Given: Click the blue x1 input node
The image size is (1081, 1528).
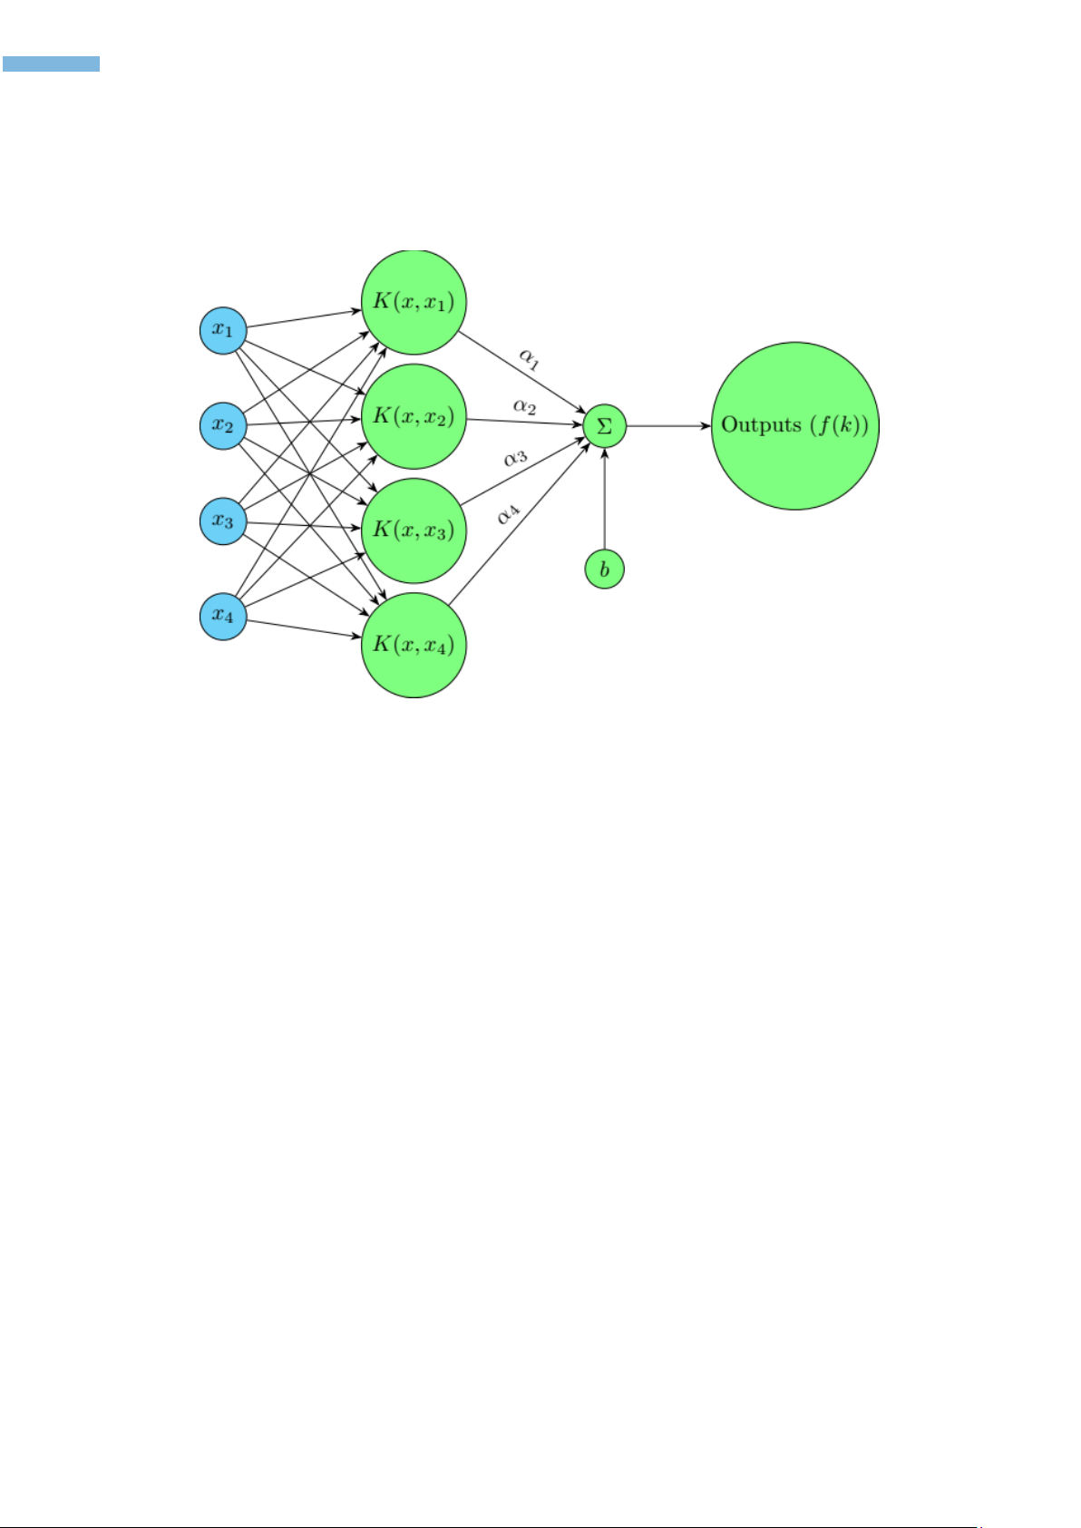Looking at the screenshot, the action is coord(223,330).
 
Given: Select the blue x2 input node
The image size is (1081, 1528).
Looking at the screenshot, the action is coord(223,425).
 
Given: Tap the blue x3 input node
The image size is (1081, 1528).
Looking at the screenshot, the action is coord(223,521).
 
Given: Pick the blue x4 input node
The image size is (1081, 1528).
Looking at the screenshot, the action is coord(223,616).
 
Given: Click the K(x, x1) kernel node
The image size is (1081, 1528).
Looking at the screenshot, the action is coord(414,302).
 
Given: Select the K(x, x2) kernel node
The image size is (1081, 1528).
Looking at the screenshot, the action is coord(414,416).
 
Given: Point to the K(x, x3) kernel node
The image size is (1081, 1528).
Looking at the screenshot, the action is coord(414,530).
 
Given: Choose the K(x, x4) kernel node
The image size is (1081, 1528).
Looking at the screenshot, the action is coord(414,646).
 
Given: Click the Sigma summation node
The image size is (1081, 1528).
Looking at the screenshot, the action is coord(604,425).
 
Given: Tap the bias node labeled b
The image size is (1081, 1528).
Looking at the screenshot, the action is coord(604,569).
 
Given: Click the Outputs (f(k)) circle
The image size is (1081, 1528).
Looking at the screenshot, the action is coord(795,425).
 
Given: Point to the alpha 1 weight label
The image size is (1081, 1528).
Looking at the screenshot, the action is coord(530,358).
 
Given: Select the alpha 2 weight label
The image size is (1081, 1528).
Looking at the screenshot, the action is coord(524,406).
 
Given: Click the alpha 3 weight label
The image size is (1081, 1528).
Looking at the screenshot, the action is coord(516,458).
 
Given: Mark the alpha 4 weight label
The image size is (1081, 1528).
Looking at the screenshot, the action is coord(508,514).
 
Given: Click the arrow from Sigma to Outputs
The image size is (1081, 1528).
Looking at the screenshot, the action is coord(668,425).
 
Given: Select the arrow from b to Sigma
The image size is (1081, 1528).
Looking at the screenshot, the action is coord(604,499).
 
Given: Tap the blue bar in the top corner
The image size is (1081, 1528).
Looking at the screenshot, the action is coord(51,64).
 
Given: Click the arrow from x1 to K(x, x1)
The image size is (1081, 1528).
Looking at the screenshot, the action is coord(304,318).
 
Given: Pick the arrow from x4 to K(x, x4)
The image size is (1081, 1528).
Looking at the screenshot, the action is coord(304,629).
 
